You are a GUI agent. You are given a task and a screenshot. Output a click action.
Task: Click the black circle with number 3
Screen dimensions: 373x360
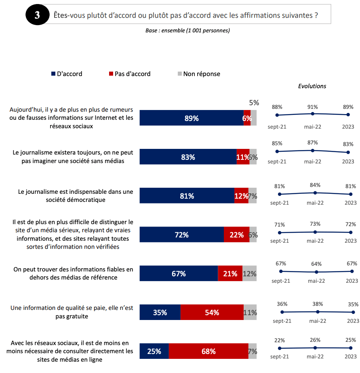[37, 15]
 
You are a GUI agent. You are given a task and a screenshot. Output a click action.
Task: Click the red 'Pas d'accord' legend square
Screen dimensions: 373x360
[111, 74]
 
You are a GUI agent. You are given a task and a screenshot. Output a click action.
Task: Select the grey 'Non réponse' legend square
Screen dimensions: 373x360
[179, 74]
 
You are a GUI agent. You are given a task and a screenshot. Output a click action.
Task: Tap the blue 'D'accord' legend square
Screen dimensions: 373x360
[53, 74]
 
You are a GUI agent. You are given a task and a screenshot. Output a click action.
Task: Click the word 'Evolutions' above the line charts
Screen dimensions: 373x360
[312, 86]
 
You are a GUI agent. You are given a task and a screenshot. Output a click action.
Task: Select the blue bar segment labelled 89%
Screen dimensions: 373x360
[192, 118]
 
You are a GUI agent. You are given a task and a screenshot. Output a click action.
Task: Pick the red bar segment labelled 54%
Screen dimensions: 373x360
[212, 312]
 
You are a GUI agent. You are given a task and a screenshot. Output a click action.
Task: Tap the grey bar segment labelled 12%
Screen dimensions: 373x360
[249, 273]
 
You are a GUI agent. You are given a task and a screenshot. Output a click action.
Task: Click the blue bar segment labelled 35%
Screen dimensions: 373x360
[160, 312]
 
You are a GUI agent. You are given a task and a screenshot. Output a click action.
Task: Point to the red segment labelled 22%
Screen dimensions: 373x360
[236, 235]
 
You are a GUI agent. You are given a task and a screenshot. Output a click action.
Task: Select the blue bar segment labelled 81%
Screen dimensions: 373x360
[187, 196]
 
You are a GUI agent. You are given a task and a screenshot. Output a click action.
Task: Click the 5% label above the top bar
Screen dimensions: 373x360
[254, 103]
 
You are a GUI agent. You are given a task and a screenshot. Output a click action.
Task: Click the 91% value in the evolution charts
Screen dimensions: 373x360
[312, 107]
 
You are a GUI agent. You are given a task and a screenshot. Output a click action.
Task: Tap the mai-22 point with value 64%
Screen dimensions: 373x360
[316, 272]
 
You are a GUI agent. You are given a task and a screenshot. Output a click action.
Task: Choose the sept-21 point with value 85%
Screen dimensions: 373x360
[277, 152]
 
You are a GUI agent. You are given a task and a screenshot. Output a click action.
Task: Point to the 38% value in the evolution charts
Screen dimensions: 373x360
[318, 303]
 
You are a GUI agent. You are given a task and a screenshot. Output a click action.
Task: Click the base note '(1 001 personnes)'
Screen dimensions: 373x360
[208, 31]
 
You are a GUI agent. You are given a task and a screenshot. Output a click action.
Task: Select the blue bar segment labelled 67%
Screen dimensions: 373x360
[179, 273]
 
